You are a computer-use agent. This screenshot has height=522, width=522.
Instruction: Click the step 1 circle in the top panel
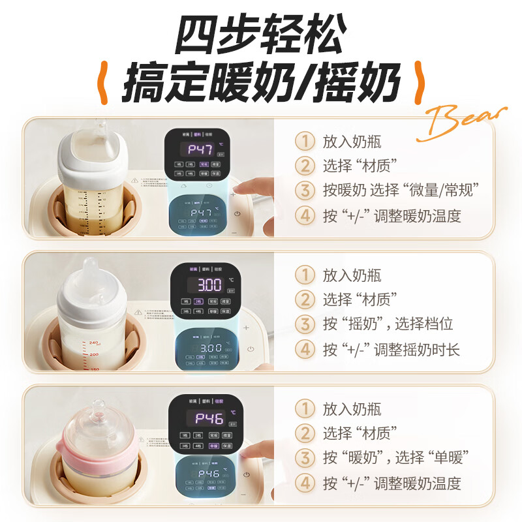tap(304, 141)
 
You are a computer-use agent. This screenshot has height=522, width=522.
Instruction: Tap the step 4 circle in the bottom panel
tap(304, 484)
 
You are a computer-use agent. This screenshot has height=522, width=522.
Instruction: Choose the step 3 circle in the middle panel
tap(304, 324)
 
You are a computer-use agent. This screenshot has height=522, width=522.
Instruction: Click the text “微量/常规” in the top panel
tap(441, 191)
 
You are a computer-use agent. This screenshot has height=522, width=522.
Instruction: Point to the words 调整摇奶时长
tap(417, 350)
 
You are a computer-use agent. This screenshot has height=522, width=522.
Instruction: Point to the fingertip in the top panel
tap(243, 191)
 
